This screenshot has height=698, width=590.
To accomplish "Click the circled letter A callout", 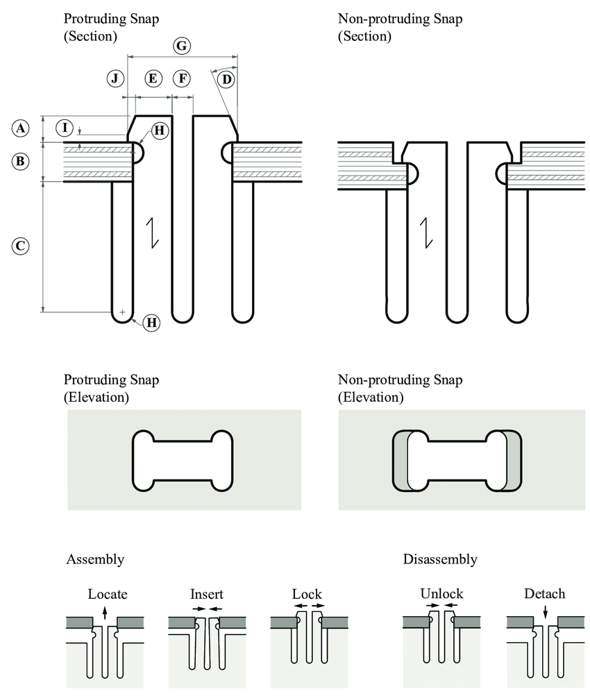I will pos(22,128).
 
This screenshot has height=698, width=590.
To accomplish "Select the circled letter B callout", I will pos(22,162).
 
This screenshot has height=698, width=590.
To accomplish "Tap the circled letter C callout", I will pos(22,246).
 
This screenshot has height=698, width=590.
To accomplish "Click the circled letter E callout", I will pos(153,78).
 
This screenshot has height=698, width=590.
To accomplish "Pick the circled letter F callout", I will pos(183,78).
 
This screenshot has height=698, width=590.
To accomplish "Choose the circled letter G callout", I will pos(180,46).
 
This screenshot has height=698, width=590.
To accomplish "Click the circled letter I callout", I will pos(65,128).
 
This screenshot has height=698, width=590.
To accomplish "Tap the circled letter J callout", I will pos(116,78).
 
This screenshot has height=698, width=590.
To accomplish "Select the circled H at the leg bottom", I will pos(152,322).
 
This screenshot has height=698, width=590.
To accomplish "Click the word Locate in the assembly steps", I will pos(108,594).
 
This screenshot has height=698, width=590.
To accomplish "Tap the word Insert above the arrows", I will pos(207,594).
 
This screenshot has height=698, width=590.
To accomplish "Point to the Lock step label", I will pos(307,594).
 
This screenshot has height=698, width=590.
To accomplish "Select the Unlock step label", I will pos(441,594).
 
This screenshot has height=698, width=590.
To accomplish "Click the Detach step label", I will pos(545,594).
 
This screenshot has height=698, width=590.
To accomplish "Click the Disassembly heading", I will pos(440,559).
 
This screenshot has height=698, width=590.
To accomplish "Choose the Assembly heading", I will pos(95,559).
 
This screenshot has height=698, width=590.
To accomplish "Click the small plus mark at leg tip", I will pos(123,312).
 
